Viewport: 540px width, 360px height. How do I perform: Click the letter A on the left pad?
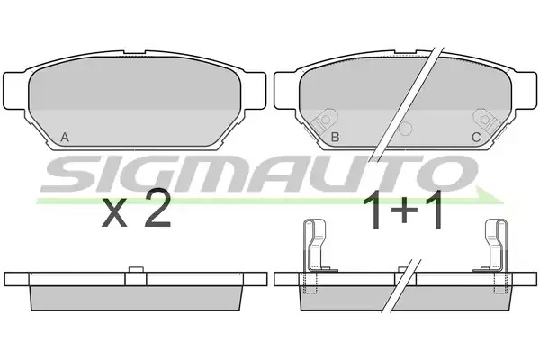click(x=65, y=138)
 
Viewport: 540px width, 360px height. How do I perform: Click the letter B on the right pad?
click(x=335, y=138)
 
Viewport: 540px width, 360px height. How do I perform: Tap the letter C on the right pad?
click(x=476, y=138)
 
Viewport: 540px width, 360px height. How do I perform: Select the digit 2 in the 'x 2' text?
click(x=157, y=210)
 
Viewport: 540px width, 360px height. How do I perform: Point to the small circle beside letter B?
click(x=405, y=129)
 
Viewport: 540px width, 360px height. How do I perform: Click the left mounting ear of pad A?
click(x=15, y=91)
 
